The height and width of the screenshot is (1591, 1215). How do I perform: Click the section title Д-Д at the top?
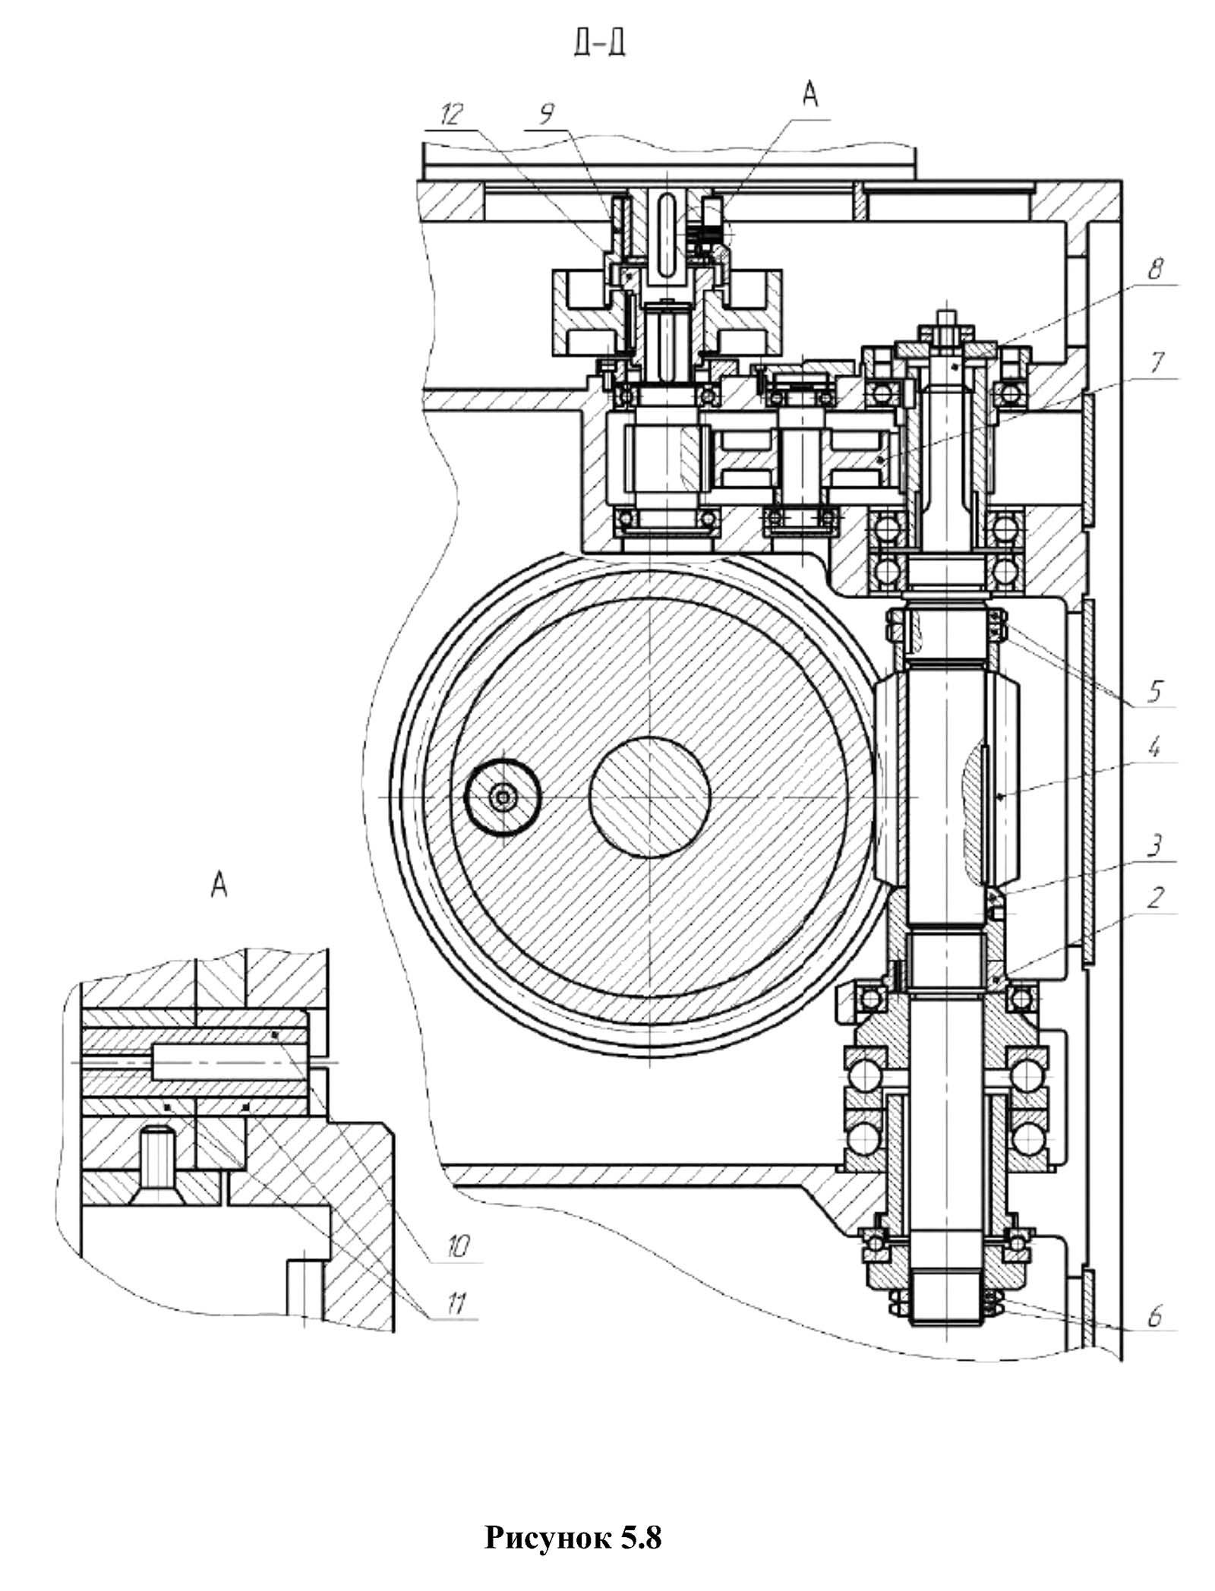(600, 45)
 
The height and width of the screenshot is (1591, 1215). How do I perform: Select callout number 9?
(546, 115)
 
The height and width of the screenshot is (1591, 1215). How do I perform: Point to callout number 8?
(1154, 269)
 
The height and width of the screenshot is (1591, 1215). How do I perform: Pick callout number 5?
(1155, 690)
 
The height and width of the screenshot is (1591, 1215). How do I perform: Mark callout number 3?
(1155, 845)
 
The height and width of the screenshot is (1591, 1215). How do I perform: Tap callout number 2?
(1155, 898)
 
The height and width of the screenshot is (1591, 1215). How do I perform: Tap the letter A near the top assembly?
(810, 94)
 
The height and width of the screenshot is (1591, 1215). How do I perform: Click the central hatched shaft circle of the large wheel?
(650, 797)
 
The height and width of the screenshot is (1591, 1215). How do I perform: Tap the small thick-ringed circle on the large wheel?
(501, 797)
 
